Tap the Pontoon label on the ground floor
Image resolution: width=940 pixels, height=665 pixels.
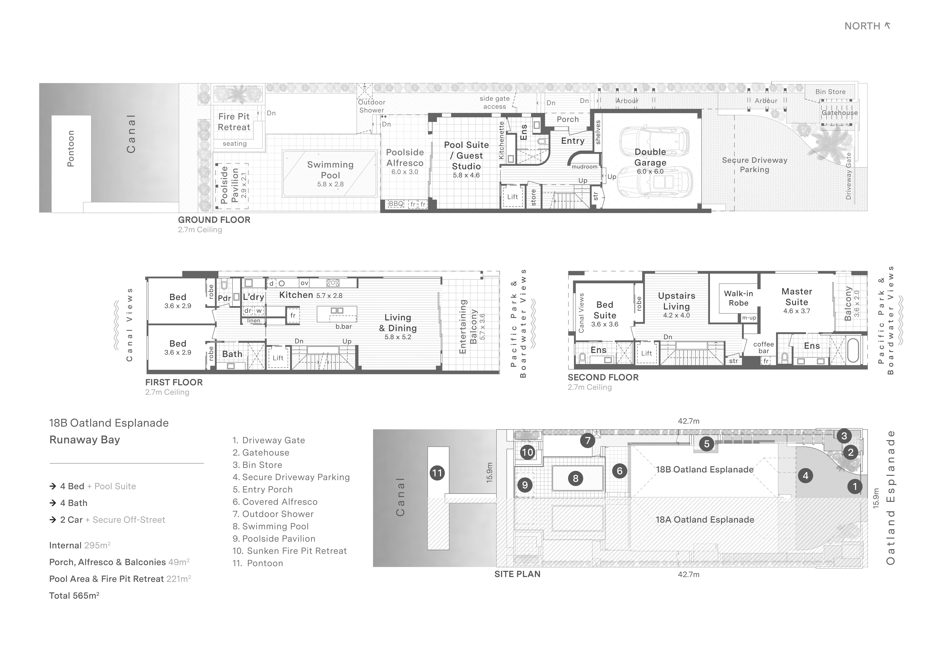(71, 148)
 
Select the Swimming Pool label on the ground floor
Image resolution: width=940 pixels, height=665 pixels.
(330, 170)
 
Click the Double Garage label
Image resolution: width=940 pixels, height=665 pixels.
(650, 157)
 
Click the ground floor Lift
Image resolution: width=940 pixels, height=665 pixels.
(513, 197)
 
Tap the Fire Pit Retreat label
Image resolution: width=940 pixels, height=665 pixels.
(234, 122)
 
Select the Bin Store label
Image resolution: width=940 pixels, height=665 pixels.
(830, 92)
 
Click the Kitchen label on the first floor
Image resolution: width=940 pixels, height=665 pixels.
(296, 295)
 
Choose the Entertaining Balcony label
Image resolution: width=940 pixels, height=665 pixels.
(468, 327)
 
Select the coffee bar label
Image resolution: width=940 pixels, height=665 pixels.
(764, 348)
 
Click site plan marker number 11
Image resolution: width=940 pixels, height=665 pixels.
(437, 473)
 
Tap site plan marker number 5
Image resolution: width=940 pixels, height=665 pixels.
(707, 444)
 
